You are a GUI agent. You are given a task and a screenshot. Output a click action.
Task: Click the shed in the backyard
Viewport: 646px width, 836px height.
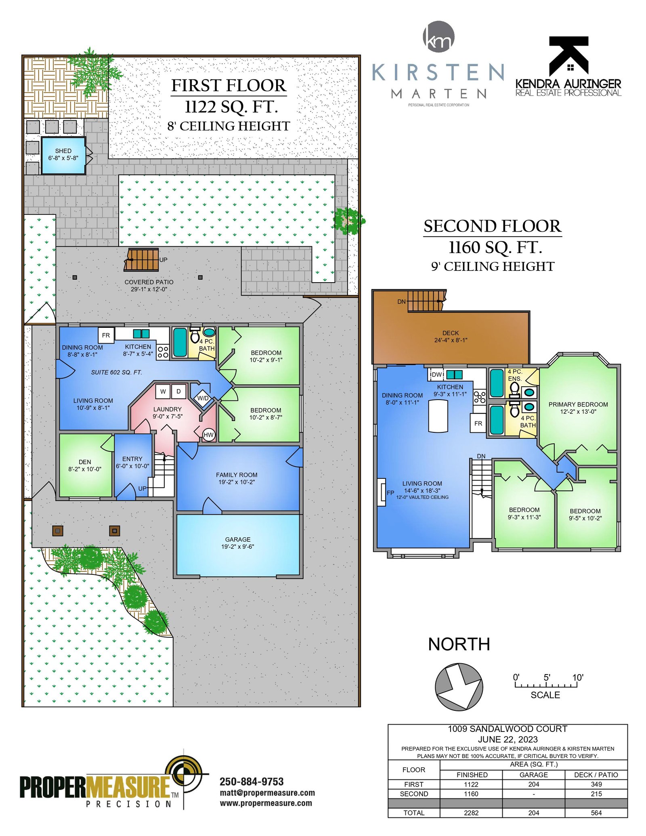pyautogui.click(x=63, y=155)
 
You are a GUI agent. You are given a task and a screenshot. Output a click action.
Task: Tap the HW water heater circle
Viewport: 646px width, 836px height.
pyautogui.click(x=208, y=435)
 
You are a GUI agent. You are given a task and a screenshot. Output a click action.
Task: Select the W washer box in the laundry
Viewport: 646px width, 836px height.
pyautogui.click(x=163, y=391)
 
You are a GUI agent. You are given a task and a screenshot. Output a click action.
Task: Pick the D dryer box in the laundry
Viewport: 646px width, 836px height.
pyautogui.click(x=178, y=391)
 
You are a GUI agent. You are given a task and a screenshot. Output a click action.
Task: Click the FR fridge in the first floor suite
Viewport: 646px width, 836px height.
pyautogui.click(x=106, y=335)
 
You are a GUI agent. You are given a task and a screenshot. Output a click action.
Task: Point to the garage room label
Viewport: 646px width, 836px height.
pyautogui.click(x=237, y=543)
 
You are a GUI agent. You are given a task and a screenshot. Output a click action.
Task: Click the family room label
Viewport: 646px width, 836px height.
pyautogui.click(x=237, y=478)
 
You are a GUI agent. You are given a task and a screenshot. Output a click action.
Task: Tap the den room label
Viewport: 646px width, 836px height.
pyautogui.click(x=85, y=465)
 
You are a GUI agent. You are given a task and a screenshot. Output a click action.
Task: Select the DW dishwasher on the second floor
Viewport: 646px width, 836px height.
pyautogui.click(x=436, y=375)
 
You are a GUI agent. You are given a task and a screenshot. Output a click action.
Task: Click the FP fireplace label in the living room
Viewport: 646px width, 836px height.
pyautogui.click(x=390, y=492)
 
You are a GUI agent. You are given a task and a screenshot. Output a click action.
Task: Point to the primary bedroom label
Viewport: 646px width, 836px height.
pyautogui.click(x=578, y=408)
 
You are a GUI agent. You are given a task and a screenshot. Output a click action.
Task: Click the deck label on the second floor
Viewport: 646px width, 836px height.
pyautogui.click(x=451, y=336)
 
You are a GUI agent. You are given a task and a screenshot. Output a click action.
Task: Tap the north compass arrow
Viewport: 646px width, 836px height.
pyautogui.click(x=459, y=687)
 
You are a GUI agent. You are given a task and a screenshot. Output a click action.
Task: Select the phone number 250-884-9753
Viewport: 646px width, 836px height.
pyautogui.click(x=252, y=782)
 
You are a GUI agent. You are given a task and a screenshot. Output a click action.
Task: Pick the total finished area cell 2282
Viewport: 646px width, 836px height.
pyautogui.click(x=471, y=813)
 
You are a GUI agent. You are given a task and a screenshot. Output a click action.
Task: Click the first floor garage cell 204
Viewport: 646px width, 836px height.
pyautogui.click(x=534, y=784)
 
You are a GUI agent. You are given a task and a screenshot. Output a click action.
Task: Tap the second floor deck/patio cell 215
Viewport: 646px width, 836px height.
pyautogui.click(x=596, y=794)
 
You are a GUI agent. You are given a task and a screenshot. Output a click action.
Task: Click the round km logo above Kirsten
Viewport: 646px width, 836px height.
pyautogui.click(x=438, y=37)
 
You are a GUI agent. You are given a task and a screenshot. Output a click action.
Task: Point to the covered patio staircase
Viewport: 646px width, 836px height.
pyautogui.click(x=141, y=260)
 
